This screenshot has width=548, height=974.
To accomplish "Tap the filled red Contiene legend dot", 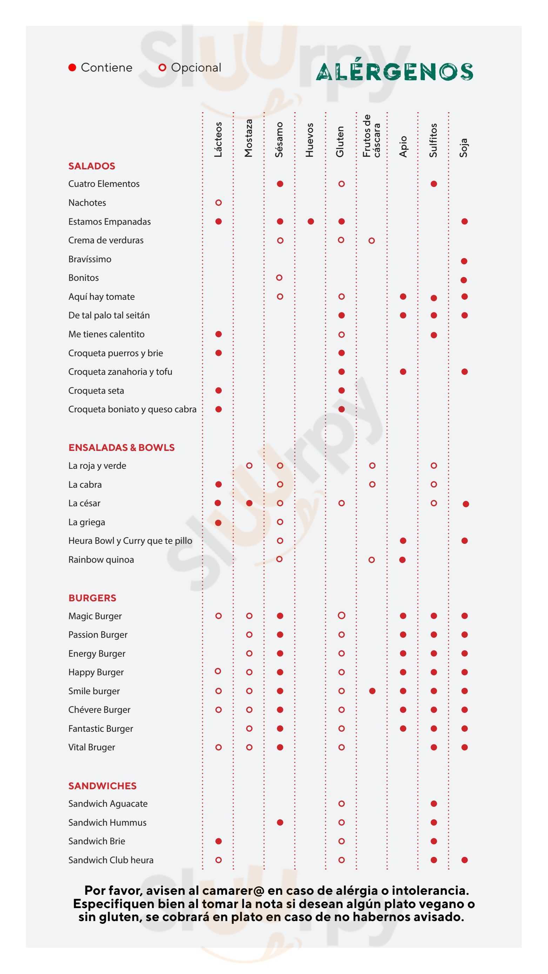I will pyautogui.click(x=72, y=68).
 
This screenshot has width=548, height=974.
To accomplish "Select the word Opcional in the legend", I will pyautogui.click(x=196, y=68).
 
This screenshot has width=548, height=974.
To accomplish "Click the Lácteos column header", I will pyautogui.click(x=218, y=139).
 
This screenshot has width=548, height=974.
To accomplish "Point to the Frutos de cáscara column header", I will pyautogui.click(x=371, y=136).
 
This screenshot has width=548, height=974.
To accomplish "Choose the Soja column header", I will pyautogui.click(x=464, y=148).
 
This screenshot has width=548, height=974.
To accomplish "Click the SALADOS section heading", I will pyautogui.click(x=92, y=166).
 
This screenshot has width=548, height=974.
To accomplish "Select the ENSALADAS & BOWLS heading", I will pyautogui.click(x=121, y=448).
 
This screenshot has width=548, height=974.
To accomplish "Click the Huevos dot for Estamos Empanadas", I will pyautogui.click(x=311, y=222).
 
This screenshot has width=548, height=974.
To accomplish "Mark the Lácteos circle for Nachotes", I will pyautogui.click(x=218, y=203).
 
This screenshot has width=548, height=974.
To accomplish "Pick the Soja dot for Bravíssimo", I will pyautogui.click(x=464, y=261).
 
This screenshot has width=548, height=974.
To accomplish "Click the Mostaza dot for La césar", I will pyautogui.click(x=249, y=503).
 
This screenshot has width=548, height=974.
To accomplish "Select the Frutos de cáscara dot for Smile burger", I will pyautogui.click(x=372, y=691).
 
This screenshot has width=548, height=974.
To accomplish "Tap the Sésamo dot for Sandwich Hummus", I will pyautogui.click(x=280, y=823).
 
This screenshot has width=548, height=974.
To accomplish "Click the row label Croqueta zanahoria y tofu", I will pyautogui.click(x=120, y=372).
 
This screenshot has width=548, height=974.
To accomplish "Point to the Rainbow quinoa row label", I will pyautogui.click(x=101, y=560).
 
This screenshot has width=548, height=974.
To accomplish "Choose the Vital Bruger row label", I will pyautogui.click(x=92, y=747).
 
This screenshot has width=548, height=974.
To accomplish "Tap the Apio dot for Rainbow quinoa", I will pyautogui.click(x=402, y=560).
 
